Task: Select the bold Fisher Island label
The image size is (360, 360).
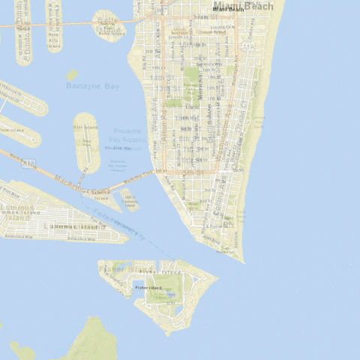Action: coord(148,287)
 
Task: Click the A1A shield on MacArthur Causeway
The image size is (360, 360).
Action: coord(28,163)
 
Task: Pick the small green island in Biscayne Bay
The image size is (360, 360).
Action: coord(72,75)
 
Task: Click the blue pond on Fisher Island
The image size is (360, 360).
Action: coord(172,295)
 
